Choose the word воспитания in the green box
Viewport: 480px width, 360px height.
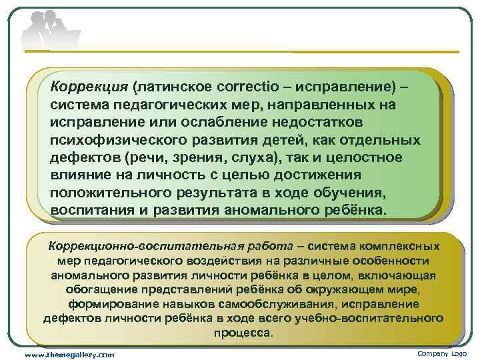(x=93, y=211)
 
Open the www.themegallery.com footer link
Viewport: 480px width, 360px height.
(x=69, y=354)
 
